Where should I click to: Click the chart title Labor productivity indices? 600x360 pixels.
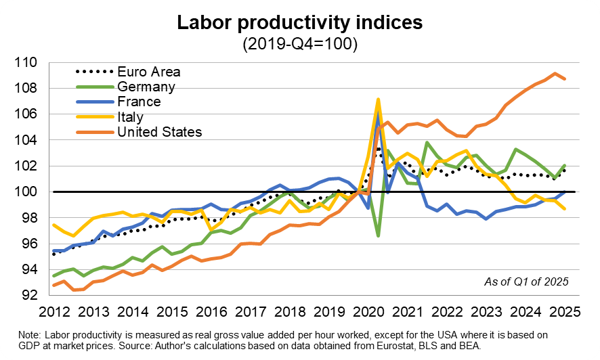pyautogui.click(x=299, y=22)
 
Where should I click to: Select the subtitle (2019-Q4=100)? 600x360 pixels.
pyautogui.click(x=300, y=43)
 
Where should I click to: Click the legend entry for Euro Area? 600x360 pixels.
pyautogui.click(x=149, y=72)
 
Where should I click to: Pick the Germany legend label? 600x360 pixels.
pyautogui.click(x=146, y=87)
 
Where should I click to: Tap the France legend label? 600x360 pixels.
pyautogui.click(x=140, y=102)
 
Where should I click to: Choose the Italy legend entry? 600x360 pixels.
pyautogui.click(x=131, y=117)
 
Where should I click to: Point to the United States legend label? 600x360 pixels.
pyautogui.click(x=160, y=132)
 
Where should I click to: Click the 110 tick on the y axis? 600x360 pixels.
pyautogui.click(x=26, y=62)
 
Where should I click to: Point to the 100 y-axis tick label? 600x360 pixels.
pyautogui.click(x=26, y=192)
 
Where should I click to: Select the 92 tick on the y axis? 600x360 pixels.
pyautogui.click(x=30, y=295)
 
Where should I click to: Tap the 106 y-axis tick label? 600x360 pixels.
pyautogui.click(x=26, y=114)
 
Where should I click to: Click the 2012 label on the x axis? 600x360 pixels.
pyautogui.click(x=54, y=312)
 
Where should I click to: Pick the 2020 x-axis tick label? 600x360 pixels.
pyautogui.click(x=368, y=312)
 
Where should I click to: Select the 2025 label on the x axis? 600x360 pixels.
pyautogui.click(x=565, y=312)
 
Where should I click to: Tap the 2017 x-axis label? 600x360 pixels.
pyautogui.click(x=251, y=312)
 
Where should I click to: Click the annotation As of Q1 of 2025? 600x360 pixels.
pyautogui.click(x=527, y=282)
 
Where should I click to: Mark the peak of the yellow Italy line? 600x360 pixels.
pyautogui.click(x=378, y=99)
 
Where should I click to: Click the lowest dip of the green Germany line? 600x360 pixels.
pyautogui.click(x=378, y=235)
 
